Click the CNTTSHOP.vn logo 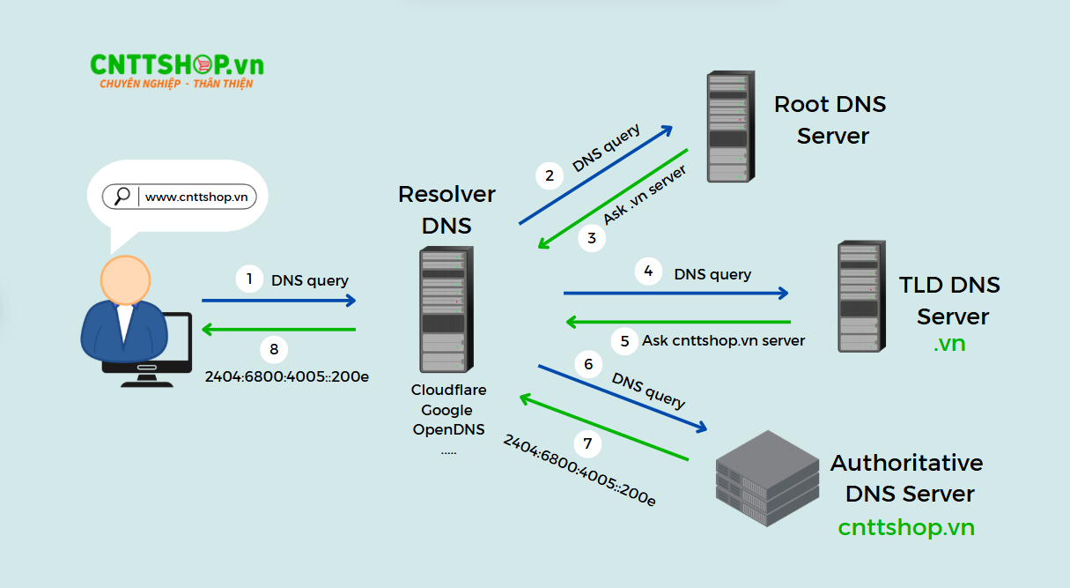(176, 70)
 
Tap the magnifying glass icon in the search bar (122, 197)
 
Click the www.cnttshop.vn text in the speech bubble (196, 197)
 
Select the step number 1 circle (249, 279)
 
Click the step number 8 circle (274, 349)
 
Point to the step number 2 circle (550, 175)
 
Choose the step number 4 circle (648, 272)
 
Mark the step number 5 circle (624, 340)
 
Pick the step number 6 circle (588, 363)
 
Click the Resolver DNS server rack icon (443, 309)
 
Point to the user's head (131, 280)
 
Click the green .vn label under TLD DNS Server (949, 344)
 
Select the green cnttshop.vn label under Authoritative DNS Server (906, 527)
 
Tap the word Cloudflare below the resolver (448, 390)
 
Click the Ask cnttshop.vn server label (724, 340)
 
